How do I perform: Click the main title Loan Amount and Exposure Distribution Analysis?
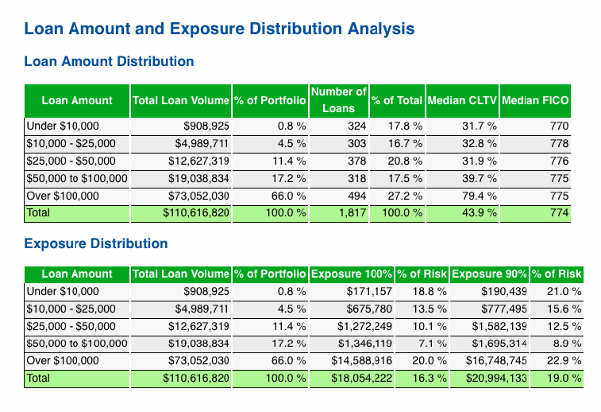pos(219,29)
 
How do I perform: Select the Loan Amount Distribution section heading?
pos(110,61)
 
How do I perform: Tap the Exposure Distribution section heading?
pos(96,243)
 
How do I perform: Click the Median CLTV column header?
pos(462,101)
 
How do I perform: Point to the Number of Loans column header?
pos(339,100)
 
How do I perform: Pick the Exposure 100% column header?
pos(351,274)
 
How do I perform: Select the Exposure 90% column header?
pos(489,274)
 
